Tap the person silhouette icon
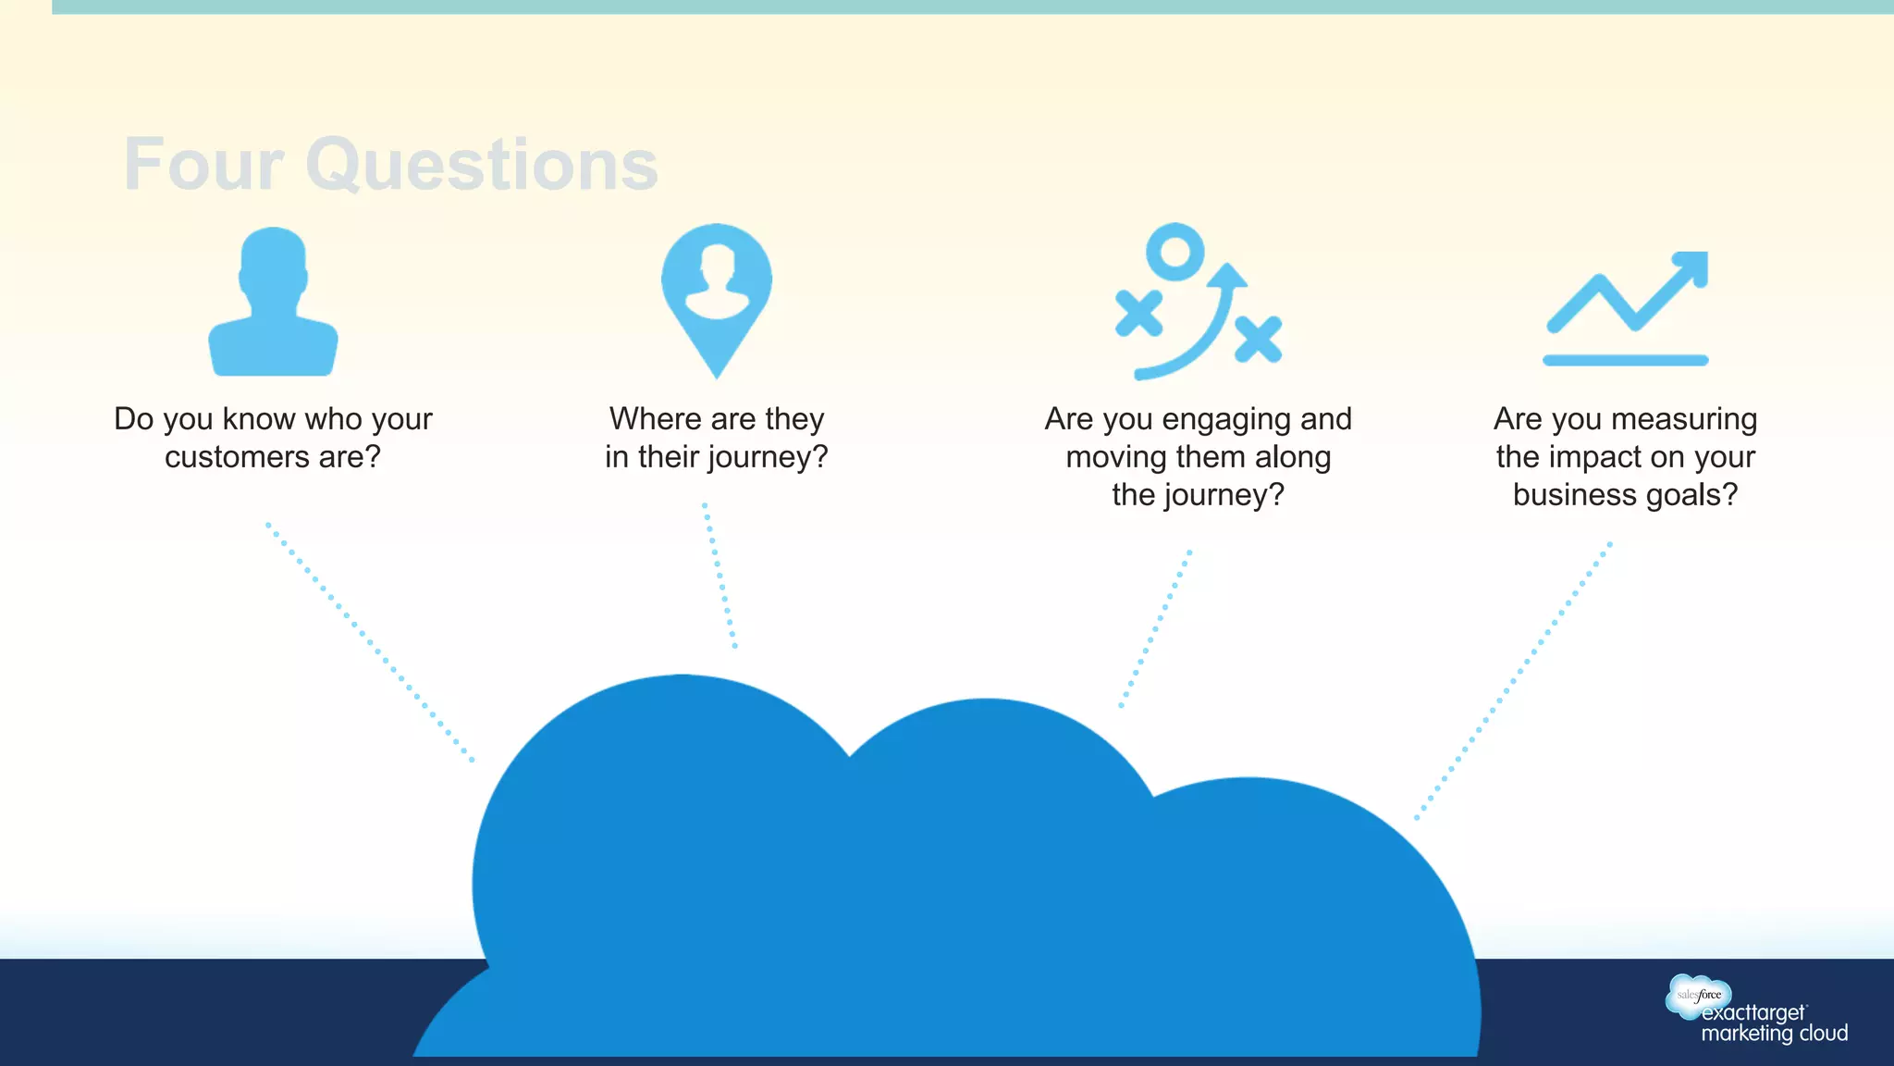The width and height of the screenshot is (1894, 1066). [x=273, y=302]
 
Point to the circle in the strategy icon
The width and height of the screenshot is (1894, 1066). [x=1175, y=252]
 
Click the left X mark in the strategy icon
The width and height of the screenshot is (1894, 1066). [x=1138, y=314]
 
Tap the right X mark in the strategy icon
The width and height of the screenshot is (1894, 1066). [x=1258, y=339]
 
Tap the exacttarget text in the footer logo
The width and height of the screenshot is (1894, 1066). [x=1753, y=1013]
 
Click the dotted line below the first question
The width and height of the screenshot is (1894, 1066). [x=370, y=642]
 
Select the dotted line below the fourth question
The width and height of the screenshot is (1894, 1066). [x=1513, y=681]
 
